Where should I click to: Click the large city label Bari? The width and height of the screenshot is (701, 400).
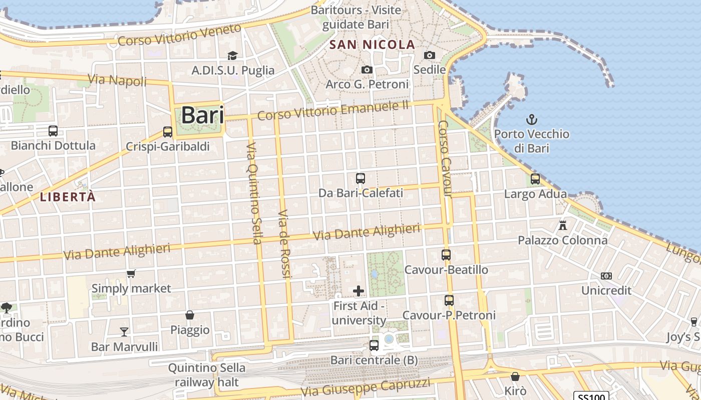coord(202,115)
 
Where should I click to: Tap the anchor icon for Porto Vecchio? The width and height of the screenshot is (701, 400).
coord(531,119)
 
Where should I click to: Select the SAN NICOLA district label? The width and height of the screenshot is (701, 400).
coord(372,44)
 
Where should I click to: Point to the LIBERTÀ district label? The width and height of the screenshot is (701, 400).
coord(68,197)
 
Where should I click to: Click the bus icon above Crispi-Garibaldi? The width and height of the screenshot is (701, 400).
coord(168,132)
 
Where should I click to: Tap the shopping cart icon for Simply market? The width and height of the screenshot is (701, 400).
coord(131,273)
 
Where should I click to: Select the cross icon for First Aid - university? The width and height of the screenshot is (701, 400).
coord(359,290)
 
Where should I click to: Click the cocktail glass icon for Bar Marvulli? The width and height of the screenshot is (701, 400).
coord(124,331)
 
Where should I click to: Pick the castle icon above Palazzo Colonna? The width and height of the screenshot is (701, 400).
coord(562,225)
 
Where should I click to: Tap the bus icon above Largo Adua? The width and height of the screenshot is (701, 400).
coord(535,178)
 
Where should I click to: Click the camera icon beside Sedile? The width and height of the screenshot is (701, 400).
coord(429,55)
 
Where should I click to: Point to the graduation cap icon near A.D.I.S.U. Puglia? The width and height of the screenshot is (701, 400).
coord(232,55)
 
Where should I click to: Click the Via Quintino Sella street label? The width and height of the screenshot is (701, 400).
coord(253,193)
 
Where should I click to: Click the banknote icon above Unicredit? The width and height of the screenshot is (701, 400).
coord(606,276)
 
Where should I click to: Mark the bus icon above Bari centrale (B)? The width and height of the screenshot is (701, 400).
coord(374,345)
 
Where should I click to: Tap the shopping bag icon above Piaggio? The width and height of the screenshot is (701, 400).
coord(190,315)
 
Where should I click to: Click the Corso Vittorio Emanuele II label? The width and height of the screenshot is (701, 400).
coord(333,110)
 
